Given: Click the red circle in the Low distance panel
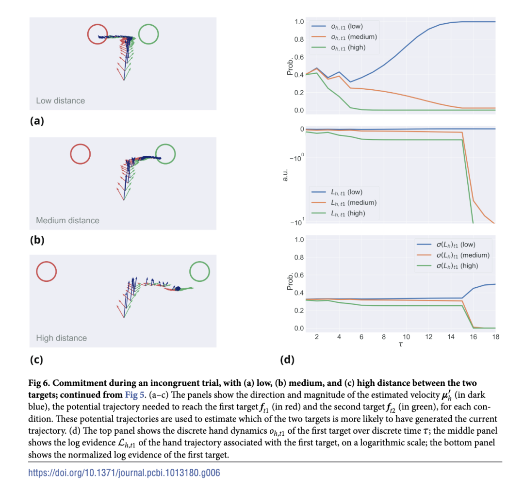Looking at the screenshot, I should pyautogui.click(x=98, y=34).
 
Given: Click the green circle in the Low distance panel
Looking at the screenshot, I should pyautogui.click(x=148, y=34).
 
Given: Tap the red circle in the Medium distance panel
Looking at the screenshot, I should pyautogui.click(x=80, y=154).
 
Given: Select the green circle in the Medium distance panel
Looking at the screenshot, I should pyautogui.click(x=165, y=154).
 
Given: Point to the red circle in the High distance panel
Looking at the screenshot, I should pyautogui.click(x=47, y=271).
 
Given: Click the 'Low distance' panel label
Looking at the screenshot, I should pyautogui.click(x=60, y=101).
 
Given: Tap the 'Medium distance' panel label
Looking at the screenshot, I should pyautogui.click(x=67, y=220).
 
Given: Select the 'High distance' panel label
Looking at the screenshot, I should pyautogui.click(x=61, y=338).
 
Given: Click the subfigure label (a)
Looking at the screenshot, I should pyautogui.click(x=37, y=121).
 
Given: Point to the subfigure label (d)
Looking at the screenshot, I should pyautogui.click(x=287, y=360).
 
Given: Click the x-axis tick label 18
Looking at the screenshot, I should pyautogui.click(x=495, y=337).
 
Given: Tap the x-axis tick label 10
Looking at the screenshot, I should pyautogui.click(x=406, y=337).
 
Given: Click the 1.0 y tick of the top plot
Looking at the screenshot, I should pyautogui.click(x=299, y=22).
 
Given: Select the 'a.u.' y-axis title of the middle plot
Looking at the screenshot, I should pyautogui.click(x=286, y=174).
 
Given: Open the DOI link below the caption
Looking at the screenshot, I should pyautogui.click(x=124, y=473).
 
